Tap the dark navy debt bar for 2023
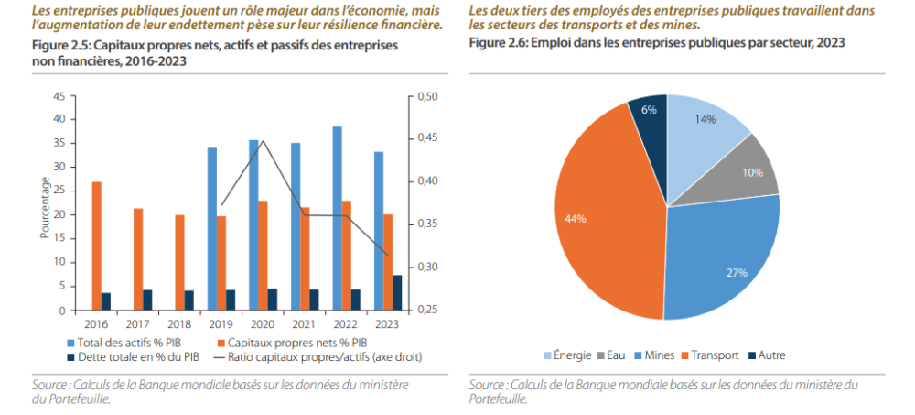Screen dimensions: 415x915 (x=397, y=292)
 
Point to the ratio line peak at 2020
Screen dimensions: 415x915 (x=264, y=140)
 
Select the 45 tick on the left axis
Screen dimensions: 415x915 (x=59, y=96)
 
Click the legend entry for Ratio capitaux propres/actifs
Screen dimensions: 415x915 (x=330, y=356)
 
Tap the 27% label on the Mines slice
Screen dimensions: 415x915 (x=737, y=273)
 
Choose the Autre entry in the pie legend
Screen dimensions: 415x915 (x=767, y=355)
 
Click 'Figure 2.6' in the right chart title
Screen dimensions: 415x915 (x=498, y=43)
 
